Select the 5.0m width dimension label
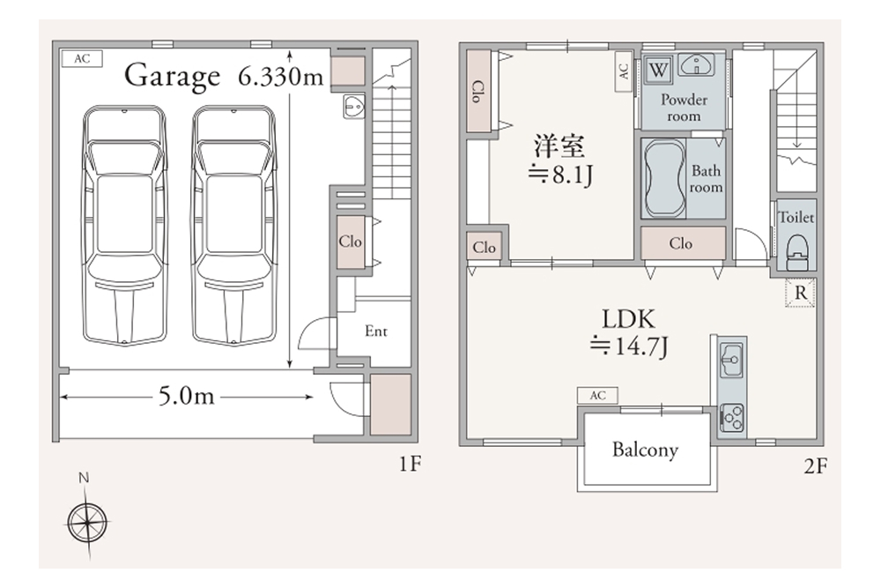click(186, 397)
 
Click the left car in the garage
click(125, 225)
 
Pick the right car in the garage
click(234, 225)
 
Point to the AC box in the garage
click(82, 58)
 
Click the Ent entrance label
click(376, 331)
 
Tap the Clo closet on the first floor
click(350, 242)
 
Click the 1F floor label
click(411, 464)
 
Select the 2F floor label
click(815, 465)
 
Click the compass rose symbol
click(87, 522)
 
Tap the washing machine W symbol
click(658, 71)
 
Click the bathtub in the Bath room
click(664, 178)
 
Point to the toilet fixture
click(796, 253)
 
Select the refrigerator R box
click(800, 293)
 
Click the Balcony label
click(645, 450)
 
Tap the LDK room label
click(628, 319)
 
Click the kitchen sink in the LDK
click(731, 360)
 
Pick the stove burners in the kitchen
click(731, 418)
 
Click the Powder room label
click(684, 108)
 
